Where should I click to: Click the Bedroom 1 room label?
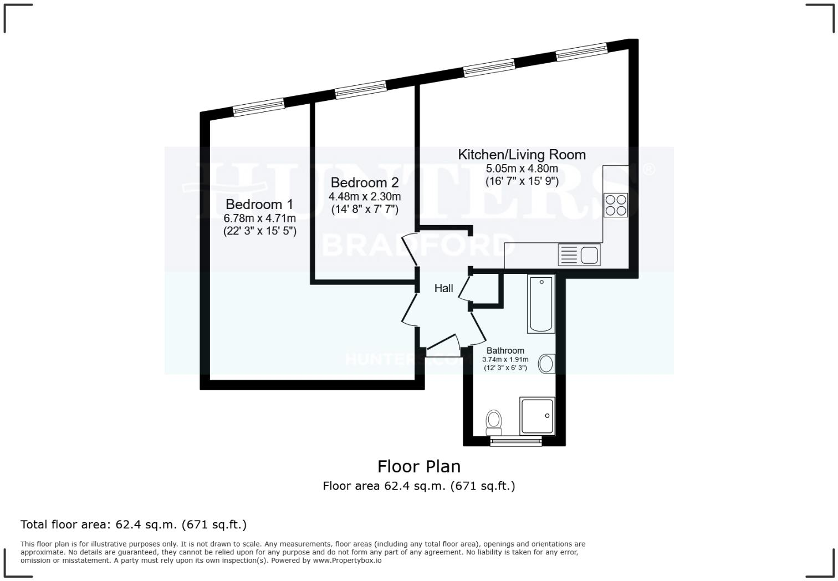point(259,204)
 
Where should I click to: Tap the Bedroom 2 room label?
point(364,182)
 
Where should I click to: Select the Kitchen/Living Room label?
point(522,155)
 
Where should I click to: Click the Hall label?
point(443,288)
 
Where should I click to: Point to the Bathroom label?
point(505,350)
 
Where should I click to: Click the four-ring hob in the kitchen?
point(615,205)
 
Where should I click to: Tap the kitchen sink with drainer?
point(580,255)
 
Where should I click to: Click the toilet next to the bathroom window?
point(493,422)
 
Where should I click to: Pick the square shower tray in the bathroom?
point(536,416)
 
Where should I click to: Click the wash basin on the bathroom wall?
point(547,364)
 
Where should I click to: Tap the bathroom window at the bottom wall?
point(515,441)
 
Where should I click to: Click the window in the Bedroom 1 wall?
point(259,107)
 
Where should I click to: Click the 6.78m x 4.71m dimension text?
point(259,218)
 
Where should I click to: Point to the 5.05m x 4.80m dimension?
point(522,169)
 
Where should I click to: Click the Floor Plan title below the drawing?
point(419,466)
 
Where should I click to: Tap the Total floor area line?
point(134,524)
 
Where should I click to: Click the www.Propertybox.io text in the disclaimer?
point(347,560)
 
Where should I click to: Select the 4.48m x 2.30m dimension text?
point(364,196)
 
